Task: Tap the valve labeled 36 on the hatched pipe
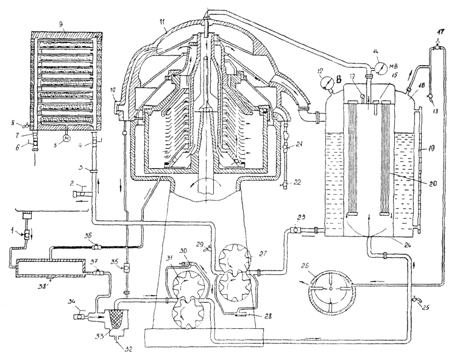pyautogui.click(x=97, y=246)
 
